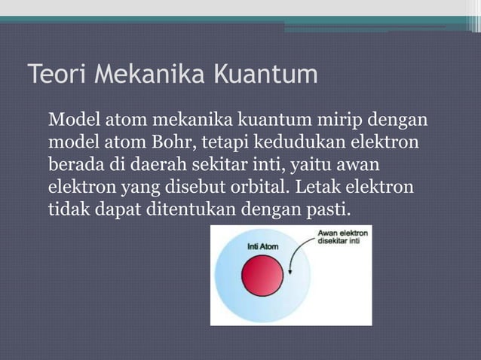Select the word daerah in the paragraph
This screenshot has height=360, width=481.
148,164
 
